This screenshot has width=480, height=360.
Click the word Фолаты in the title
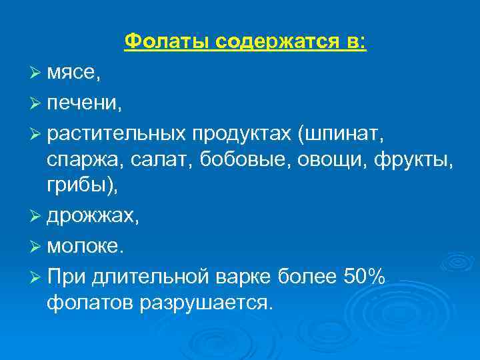click(x=166, y=42)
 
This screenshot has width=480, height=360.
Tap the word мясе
click(x=73, y=73)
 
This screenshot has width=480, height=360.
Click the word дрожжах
click(x=93, y=217)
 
